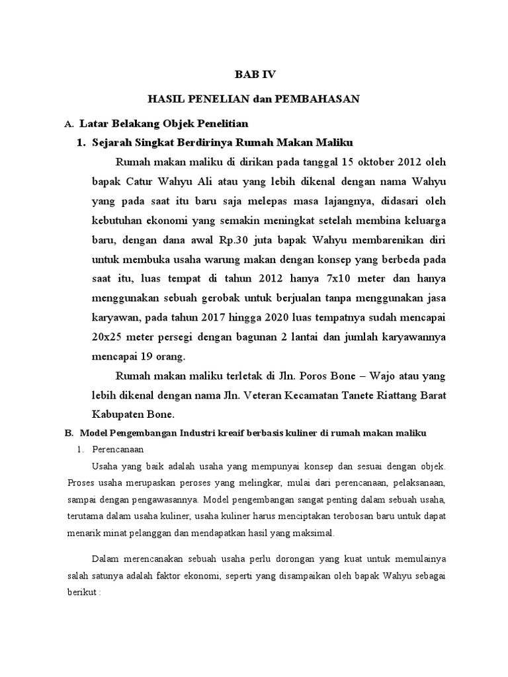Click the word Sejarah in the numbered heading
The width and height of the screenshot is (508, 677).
(x=114, y=142)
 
